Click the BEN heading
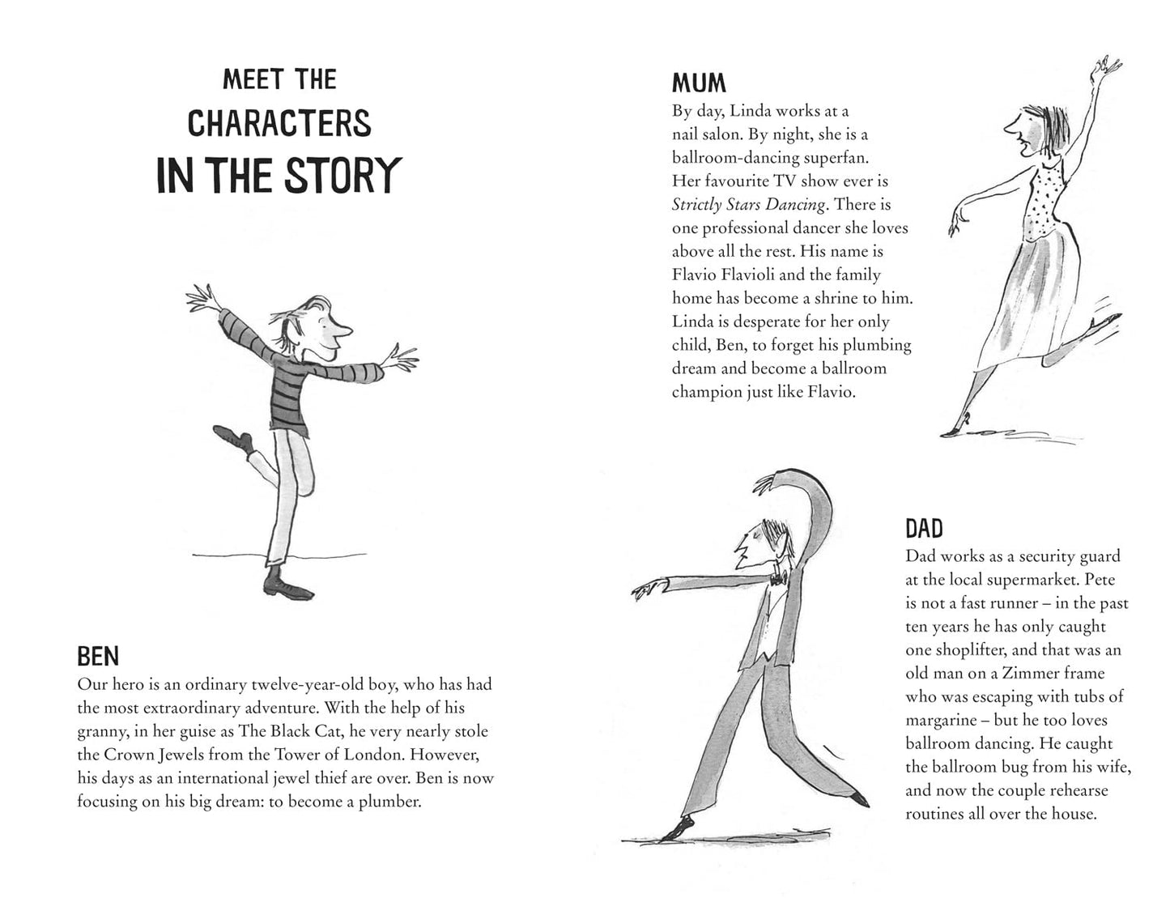click(x=98, y=656)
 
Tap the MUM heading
click(x=699, y=83)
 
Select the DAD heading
click(x=924, y=529)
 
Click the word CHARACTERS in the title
click(x=279, y=123)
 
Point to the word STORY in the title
click(x=343, y=176)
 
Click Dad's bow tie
click(x=777, y=580)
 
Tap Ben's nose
click(x=345, y=329)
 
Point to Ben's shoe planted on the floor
click(x=287, y=588)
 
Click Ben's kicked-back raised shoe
click(x=232, y=436)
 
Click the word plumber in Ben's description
click(x=389, y=802)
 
